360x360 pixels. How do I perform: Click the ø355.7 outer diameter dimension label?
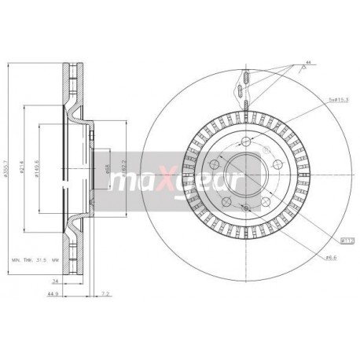(6, 167)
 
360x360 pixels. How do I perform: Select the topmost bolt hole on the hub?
(246, 141)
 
